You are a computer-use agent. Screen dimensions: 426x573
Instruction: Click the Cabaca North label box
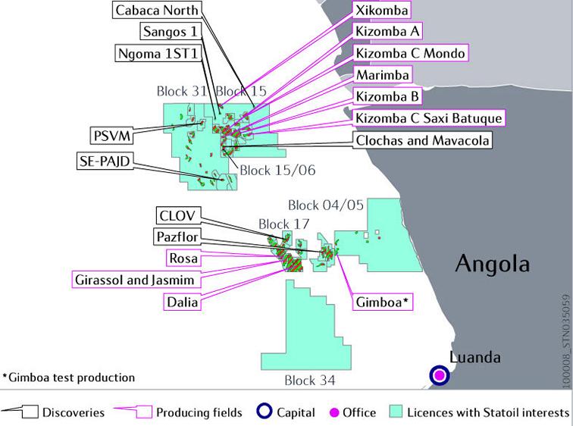(157, 11)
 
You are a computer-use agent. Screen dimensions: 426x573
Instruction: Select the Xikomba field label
(383, 11)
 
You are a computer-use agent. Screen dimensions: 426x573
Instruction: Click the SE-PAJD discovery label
(105, 161)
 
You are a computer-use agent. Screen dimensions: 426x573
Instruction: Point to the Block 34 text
(310, 380)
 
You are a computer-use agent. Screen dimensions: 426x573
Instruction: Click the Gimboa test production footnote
(68, 377)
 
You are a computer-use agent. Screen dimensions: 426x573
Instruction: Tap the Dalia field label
(183, 302)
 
